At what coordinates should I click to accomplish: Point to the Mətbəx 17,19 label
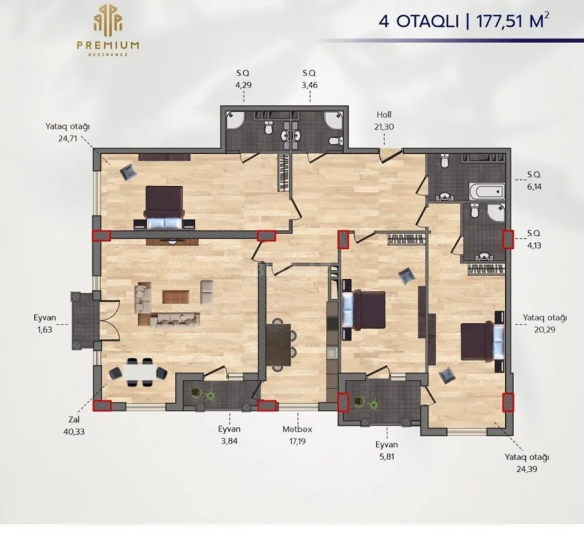(297, 435)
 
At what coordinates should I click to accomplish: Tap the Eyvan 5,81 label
(386, 449)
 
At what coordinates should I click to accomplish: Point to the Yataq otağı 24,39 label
(527, 463)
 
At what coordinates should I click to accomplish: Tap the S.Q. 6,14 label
(533, 181)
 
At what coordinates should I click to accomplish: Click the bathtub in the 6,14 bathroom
(485, 191)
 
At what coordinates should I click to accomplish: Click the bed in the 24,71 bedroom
(164, 207)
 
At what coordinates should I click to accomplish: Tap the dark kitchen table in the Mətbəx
(281, 343)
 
